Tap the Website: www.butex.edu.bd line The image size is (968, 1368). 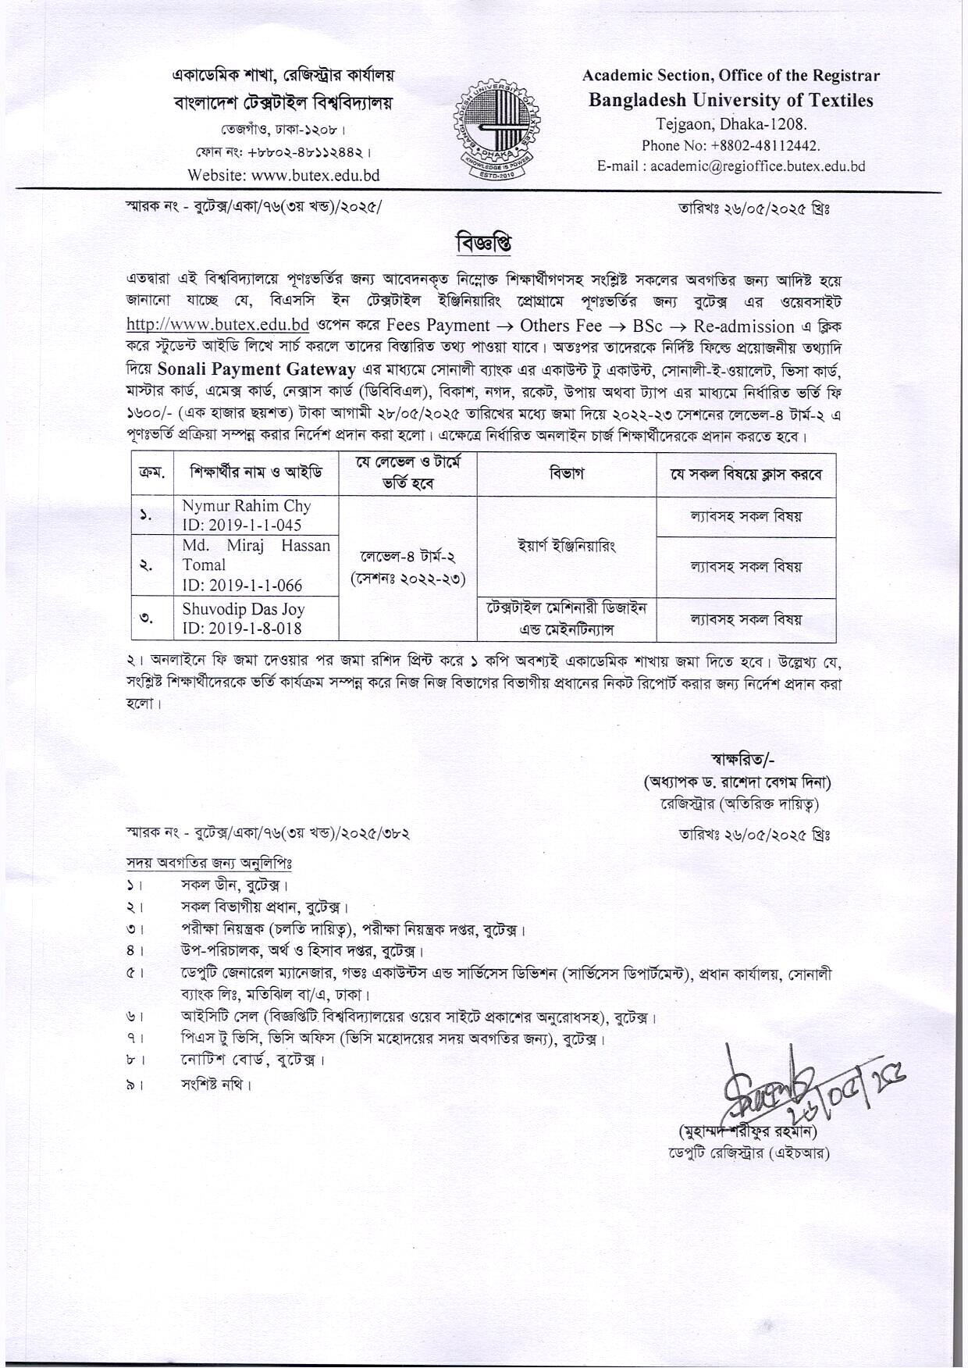(283, 175)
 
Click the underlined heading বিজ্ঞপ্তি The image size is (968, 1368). (484, 244)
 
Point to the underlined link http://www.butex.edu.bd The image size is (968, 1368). (218, 325)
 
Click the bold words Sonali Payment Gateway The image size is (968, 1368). (257, 369)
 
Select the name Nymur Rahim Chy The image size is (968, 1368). (246, 506)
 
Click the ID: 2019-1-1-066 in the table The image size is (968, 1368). (242, 585)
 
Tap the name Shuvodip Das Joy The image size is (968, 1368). (244, 608)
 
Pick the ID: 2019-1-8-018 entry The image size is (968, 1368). (242, 629)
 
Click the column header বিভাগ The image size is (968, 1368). (566, 473)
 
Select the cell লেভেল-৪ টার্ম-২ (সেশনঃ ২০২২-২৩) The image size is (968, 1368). (407, 568)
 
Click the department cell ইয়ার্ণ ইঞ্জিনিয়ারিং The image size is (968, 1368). (566, 546)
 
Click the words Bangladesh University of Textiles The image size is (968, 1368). (731, 100)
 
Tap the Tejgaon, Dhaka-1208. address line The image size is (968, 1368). (731, 123)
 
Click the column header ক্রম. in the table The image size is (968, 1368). (151, 473)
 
